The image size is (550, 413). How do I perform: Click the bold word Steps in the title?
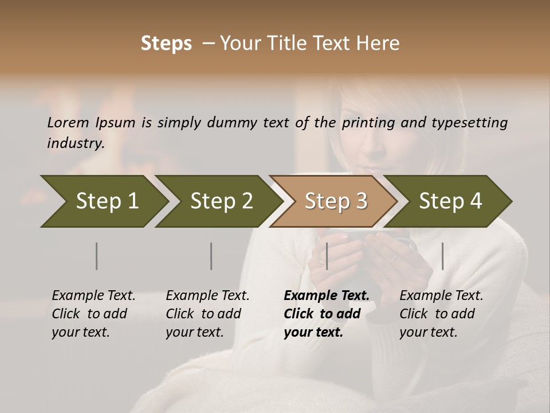(166, 44)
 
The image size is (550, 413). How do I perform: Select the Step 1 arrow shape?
(103, 201)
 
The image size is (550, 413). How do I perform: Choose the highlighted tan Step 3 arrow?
(335, 201)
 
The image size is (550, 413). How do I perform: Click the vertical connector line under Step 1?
(97, 256)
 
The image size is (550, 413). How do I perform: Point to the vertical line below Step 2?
(211, 256)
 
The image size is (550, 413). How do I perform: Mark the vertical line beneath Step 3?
(327, 256)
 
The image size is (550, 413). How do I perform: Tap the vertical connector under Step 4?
(443, 256)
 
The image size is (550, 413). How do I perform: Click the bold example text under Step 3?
(326, 314)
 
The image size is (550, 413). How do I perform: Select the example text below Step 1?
(93, 314)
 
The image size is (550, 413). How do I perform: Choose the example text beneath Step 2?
(207, 314)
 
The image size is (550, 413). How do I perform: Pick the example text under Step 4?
(441, 314)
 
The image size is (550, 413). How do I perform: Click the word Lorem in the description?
(68, 123)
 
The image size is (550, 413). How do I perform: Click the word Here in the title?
(381, 44)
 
